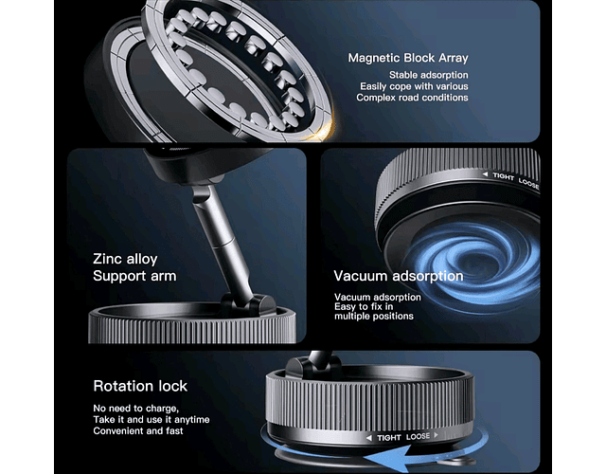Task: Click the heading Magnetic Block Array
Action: pyautogui.click(x=408, y=58)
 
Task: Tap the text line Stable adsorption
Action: pyautogui.click(x=429, y=75)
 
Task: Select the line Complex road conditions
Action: pyautogui.click(x=413, y=97)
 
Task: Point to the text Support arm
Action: pyautogui.click(x=134, y=276)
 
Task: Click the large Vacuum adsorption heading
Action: pyautogui.click(x=399, y=276)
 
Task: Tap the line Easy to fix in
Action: pyautogui.click(x=364, y=307)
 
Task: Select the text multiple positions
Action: pyautogui.click(x=374, y=316)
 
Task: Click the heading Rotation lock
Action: pyautogui.click(x=140, y=386)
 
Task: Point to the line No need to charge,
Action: pyautogui.click(x=136, y=409)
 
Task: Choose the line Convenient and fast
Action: pyautogui.click(x=138, y=430)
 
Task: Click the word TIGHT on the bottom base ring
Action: pyautogui.click(x=389, y=438)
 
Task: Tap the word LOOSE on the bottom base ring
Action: pyautogui.click(x=418, y=436)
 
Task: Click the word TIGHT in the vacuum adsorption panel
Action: pyautogui.click(x=503, y=176)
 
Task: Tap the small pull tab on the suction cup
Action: pyautogui.click(x=456, y=461)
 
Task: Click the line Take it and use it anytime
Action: pyautogui.click(x=151, y=419)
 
